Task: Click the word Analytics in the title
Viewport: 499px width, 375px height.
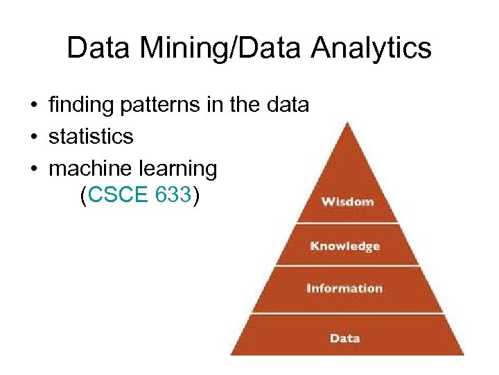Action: coord(371,49)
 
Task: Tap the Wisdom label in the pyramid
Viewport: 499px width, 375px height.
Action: coord(347,202)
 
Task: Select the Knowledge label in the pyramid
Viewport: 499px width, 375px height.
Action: coord(344,246)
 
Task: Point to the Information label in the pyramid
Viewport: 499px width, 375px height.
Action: coord(344,288)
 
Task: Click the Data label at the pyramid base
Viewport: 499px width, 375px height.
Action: coord(344,338)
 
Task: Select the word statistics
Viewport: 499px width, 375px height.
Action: coord(91,137)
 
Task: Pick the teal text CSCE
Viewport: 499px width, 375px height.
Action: coord(119,197)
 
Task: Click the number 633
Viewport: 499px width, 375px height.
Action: coord(173,197)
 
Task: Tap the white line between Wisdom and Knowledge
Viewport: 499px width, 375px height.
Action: coord(347,223)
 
